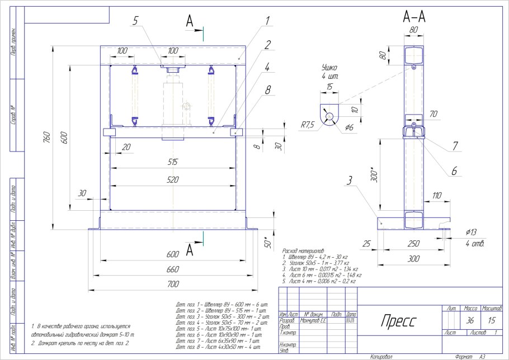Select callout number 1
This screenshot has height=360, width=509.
[x=268, y=21]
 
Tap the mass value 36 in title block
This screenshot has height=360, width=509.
[x=470, y=320]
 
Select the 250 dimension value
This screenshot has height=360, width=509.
[x=413, y=244]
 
